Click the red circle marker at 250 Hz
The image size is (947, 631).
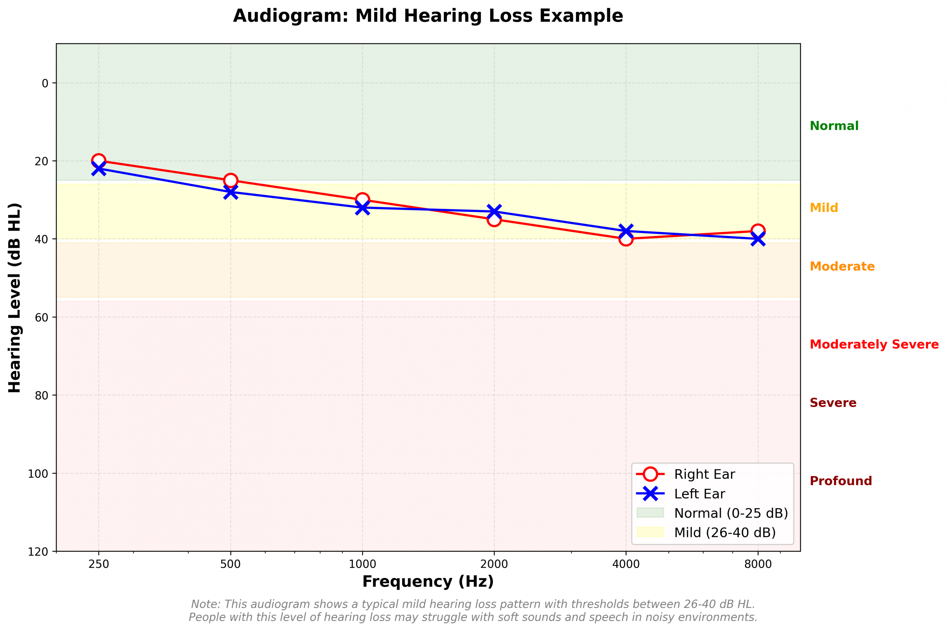click(98, 161)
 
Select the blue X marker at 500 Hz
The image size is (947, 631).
click(230, 192)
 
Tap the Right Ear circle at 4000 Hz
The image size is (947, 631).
click(626, 239)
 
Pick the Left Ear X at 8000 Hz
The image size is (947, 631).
click(758, 239)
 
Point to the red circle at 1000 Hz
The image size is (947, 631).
click(362, 200)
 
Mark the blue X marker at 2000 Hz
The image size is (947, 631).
click(494, 212)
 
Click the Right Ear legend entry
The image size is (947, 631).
click(704, 474)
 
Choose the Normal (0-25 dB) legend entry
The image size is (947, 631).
click(730, 514)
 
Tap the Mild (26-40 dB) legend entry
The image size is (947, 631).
click(724, 533)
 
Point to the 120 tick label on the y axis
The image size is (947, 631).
click(38, 552)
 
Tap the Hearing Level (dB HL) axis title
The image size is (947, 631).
click(15, 298)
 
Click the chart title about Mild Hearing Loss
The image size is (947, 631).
click(428, 16)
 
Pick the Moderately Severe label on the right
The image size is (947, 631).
click(874, 345)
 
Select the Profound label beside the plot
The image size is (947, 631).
click(840, 481)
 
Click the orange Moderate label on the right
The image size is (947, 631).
click(842, 267)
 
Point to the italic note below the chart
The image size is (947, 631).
click(473, 610)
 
